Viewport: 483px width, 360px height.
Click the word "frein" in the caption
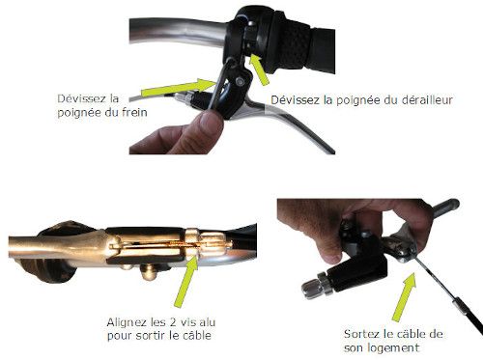[x=134, y=112]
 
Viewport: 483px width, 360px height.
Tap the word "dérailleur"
[x=427, y=100]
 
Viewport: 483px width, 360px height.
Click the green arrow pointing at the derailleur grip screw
[x=259, y=69]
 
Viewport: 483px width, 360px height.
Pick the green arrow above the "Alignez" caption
[x=186, y=282]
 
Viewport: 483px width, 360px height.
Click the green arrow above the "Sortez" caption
[x=404, y=296]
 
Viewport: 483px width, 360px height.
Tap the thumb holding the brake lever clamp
[x=209, y=128]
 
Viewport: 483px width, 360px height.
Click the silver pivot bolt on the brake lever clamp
[x=240, y=81]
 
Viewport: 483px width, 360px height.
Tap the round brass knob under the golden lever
[x=148, y=272]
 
